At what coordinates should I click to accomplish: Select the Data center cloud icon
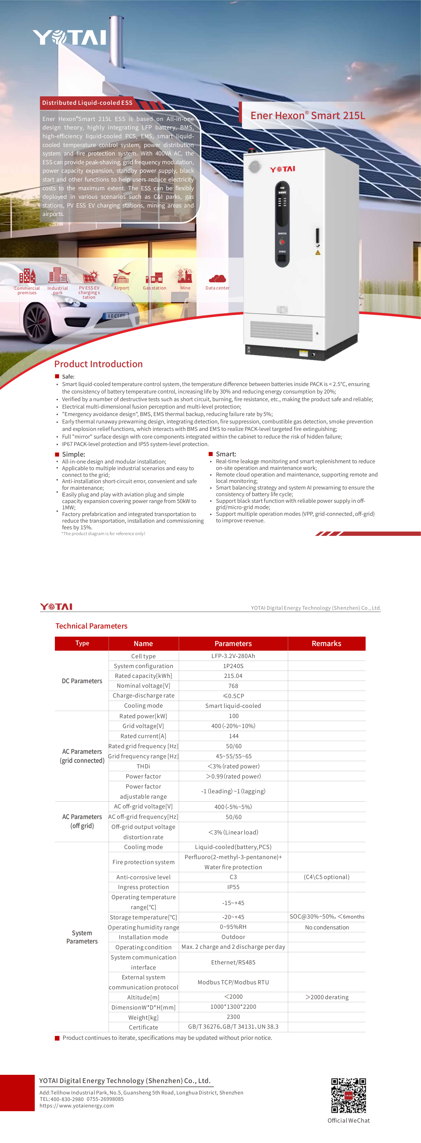[217, 278]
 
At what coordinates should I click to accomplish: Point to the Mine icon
[185, 276]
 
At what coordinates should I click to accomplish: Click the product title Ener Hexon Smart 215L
[307, 116]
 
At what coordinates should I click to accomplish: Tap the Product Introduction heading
[98, 364]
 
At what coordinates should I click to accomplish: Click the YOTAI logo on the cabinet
[283, 169]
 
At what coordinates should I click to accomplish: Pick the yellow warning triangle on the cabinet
[318, 253]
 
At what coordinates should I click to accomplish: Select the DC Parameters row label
[82, 681]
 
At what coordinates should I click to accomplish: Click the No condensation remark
[327, 927]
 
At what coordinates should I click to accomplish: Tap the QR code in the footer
[349, 1096]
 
